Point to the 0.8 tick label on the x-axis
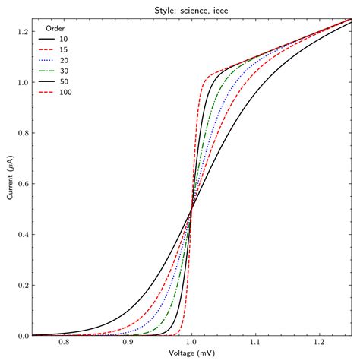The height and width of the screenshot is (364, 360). coord(64,343)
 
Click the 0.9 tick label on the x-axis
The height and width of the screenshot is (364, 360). coord(128,343)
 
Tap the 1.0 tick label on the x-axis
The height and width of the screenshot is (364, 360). coord(191,343)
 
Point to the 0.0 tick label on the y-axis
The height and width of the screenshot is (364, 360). coord(23,336)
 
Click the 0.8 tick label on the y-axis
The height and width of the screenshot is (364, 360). coord(23,133)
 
